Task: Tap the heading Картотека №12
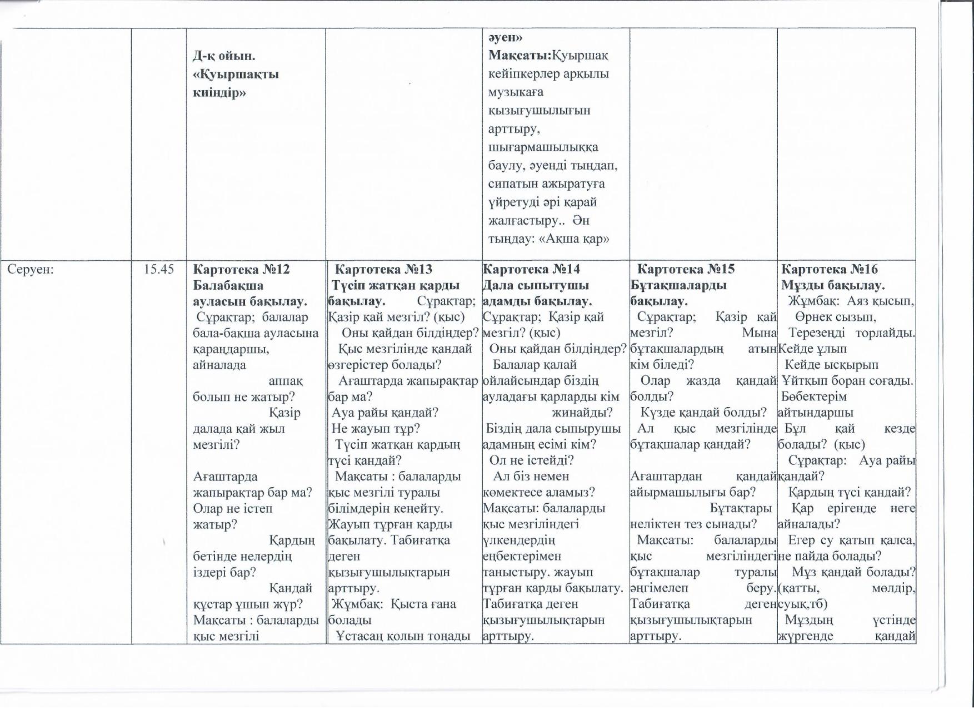[x=241, y=270]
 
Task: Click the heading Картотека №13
[x=384, y=270]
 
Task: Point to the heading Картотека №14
[x=531, y=270]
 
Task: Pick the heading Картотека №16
[x=830, y=270]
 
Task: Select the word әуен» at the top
[x=506, y=37]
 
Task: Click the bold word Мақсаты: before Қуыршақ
[x=519, y=56]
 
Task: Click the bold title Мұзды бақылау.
[x=833, y=286]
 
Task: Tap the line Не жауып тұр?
[x=376, y=429]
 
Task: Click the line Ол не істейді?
[x=531, y=460]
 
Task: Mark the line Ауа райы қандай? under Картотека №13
[x=385, y=413]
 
